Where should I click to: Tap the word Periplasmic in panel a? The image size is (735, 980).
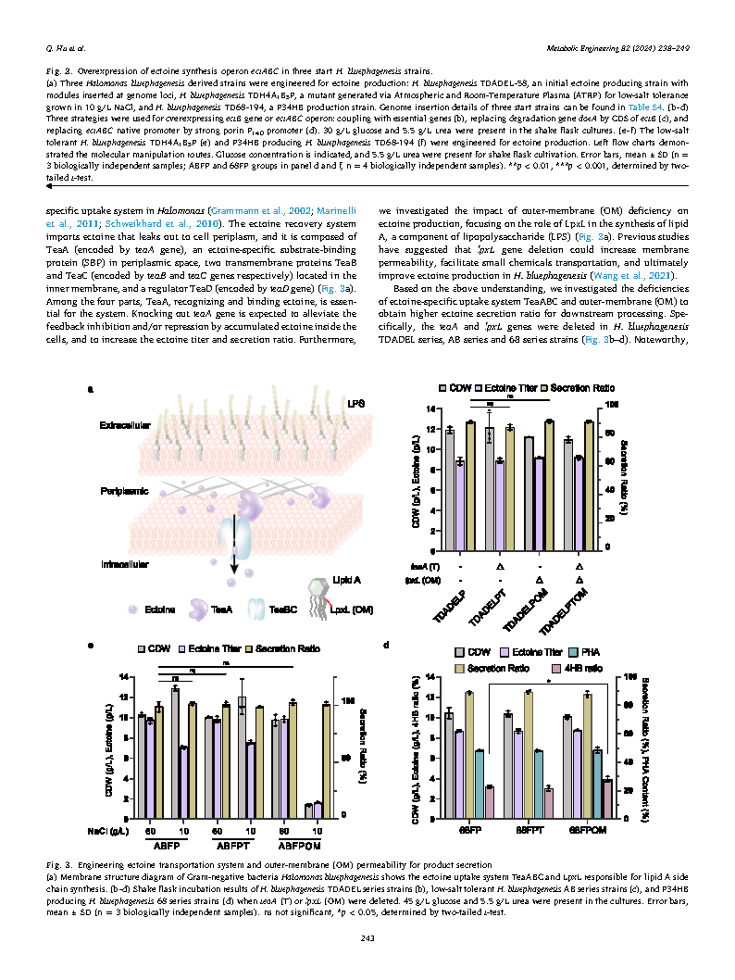point(124,491)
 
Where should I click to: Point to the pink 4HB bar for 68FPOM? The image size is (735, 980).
point(607,799)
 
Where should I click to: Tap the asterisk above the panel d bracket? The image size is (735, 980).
point(549,680)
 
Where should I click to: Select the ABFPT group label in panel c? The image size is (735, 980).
point(229,845)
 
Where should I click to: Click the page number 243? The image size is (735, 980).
point(367,940)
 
